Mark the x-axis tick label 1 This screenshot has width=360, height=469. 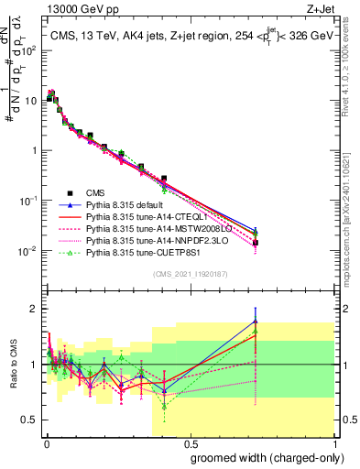[x=333, y=442]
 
